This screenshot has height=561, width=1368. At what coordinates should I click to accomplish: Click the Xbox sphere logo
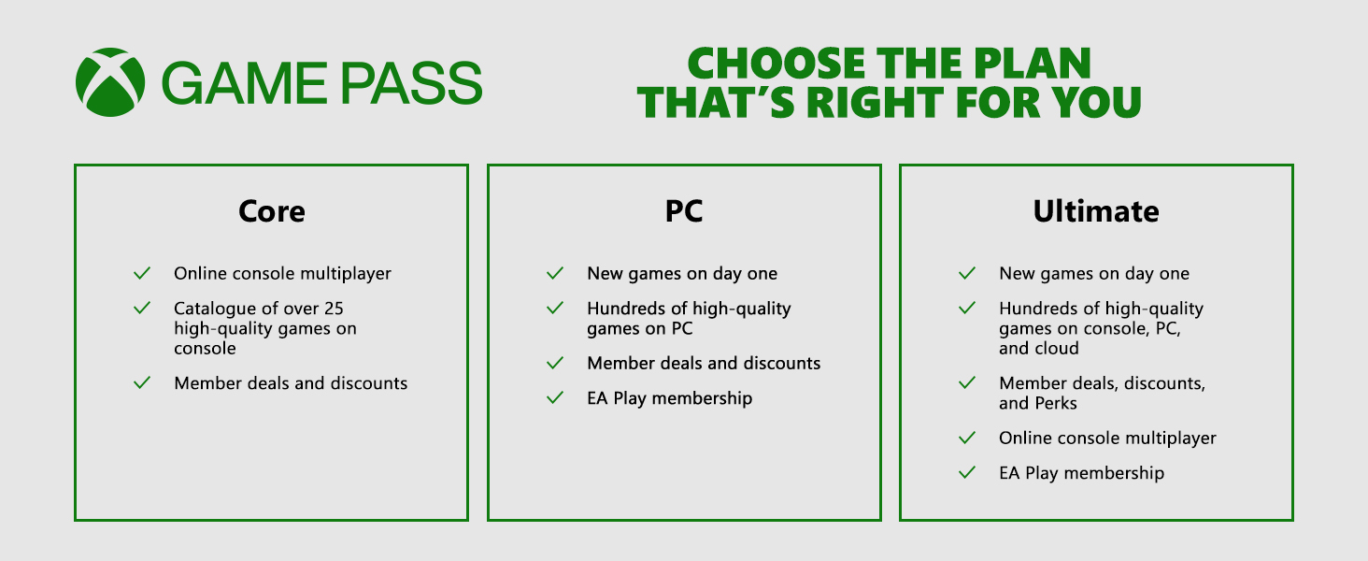[110, 82]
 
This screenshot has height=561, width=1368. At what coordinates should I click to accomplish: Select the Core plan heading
[272, 211]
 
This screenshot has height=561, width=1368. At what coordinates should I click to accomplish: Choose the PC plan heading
[684, 211]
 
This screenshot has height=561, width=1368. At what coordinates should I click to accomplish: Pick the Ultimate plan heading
[1096, 211]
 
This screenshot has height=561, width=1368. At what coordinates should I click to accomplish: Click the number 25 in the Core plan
[334, 309]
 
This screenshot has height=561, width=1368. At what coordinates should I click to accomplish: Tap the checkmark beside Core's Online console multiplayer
[142, 273]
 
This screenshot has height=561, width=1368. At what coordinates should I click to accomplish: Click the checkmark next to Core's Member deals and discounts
[142, 382]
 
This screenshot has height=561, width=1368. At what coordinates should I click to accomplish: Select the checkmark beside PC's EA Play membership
[554, 397]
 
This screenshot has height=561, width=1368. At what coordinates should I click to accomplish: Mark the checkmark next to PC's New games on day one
[554, 273]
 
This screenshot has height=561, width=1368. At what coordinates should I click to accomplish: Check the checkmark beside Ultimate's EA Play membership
[967, 472]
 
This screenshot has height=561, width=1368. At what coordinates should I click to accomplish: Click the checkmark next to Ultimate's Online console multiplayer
[967, 438]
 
